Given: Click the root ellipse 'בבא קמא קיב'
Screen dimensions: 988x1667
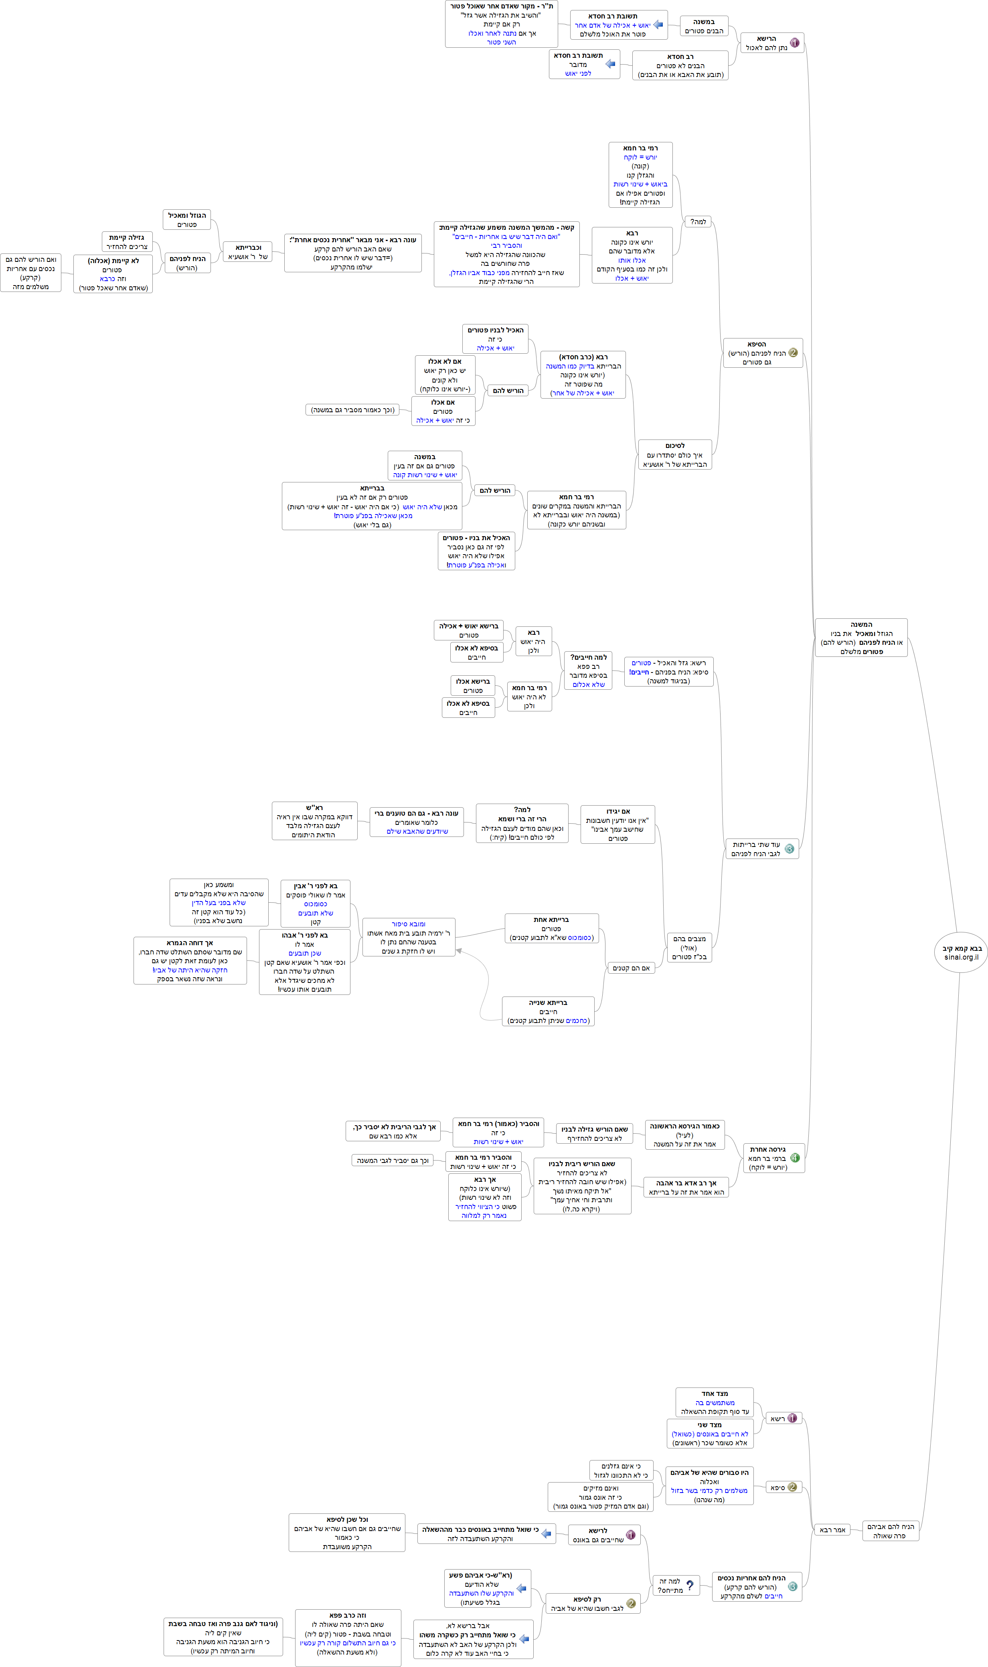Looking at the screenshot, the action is [961, 952].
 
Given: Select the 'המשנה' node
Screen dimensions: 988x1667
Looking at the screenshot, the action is [861, 638].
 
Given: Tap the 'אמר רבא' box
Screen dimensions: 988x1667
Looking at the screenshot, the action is [832, 1529].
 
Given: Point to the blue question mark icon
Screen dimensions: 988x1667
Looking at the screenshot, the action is [690, 1585].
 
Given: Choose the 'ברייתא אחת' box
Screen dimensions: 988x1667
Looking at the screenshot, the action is [551, 928].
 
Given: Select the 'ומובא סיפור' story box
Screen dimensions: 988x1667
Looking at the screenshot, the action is [408, 937].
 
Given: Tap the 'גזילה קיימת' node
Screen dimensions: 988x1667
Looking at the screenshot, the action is [126, 242].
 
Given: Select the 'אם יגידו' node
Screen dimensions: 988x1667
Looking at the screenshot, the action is [617, 824].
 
